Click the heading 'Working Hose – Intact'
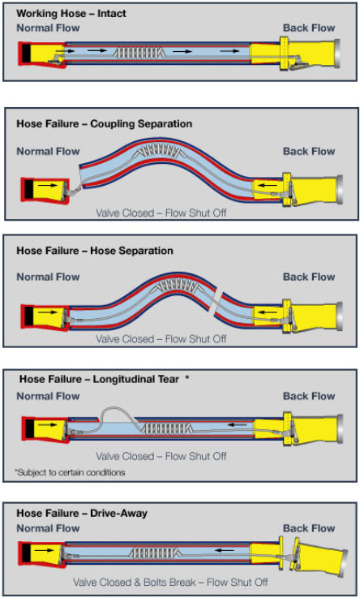point(71,13)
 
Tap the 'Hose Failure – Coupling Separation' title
point(104,124)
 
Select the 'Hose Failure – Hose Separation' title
point(95,251)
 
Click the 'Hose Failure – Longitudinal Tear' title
point(99,379)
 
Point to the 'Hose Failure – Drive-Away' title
point(82,514)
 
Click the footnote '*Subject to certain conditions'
point(70,472)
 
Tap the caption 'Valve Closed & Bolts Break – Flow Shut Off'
point(170,583)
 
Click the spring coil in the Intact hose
point(139,52)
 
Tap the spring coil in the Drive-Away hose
point(154,553)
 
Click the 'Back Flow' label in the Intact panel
point(309,28)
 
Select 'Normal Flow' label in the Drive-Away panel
point(48,528)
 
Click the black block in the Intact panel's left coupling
point(27,53)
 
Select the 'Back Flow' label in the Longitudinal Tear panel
point(309,396)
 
